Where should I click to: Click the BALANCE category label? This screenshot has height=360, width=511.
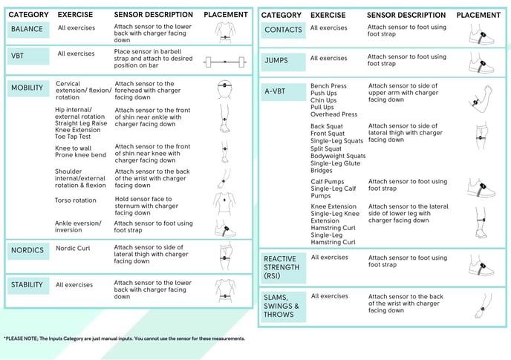tap(27, 29)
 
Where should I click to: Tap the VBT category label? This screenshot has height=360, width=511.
tap(18, 56)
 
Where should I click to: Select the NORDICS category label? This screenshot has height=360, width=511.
tap(27, 250)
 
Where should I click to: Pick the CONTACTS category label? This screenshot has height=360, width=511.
tap(283, 30)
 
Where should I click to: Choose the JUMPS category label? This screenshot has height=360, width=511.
tap(276, 60)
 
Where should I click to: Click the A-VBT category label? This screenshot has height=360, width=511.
tap(276, 92)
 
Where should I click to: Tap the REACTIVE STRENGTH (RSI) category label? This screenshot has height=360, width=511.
tap(281, 267)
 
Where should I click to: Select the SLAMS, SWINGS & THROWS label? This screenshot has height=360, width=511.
tap(281, 305)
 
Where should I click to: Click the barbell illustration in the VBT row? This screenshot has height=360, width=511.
tap(226, 62)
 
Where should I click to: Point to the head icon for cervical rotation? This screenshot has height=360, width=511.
tap(225, 90)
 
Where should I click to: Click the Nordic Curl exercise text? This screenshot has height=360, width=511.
tap(73, 248)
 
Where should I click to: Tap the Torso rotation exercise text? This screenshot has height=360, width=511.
tap(75, 200)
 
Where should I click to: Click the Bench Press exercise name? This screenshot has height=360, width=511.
tap(329, 87)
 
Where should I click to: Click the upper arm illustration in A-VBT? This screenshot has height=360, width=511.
tap(479, 95)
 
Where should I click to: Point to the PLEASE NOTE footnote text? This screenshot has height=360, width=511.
tap(125, 338)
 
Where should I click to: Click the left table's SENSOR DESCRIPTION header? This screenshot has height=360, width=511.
tap(153, 15)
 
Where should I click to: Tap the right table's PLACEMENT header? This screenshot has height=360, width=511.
tap(478, 15)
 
